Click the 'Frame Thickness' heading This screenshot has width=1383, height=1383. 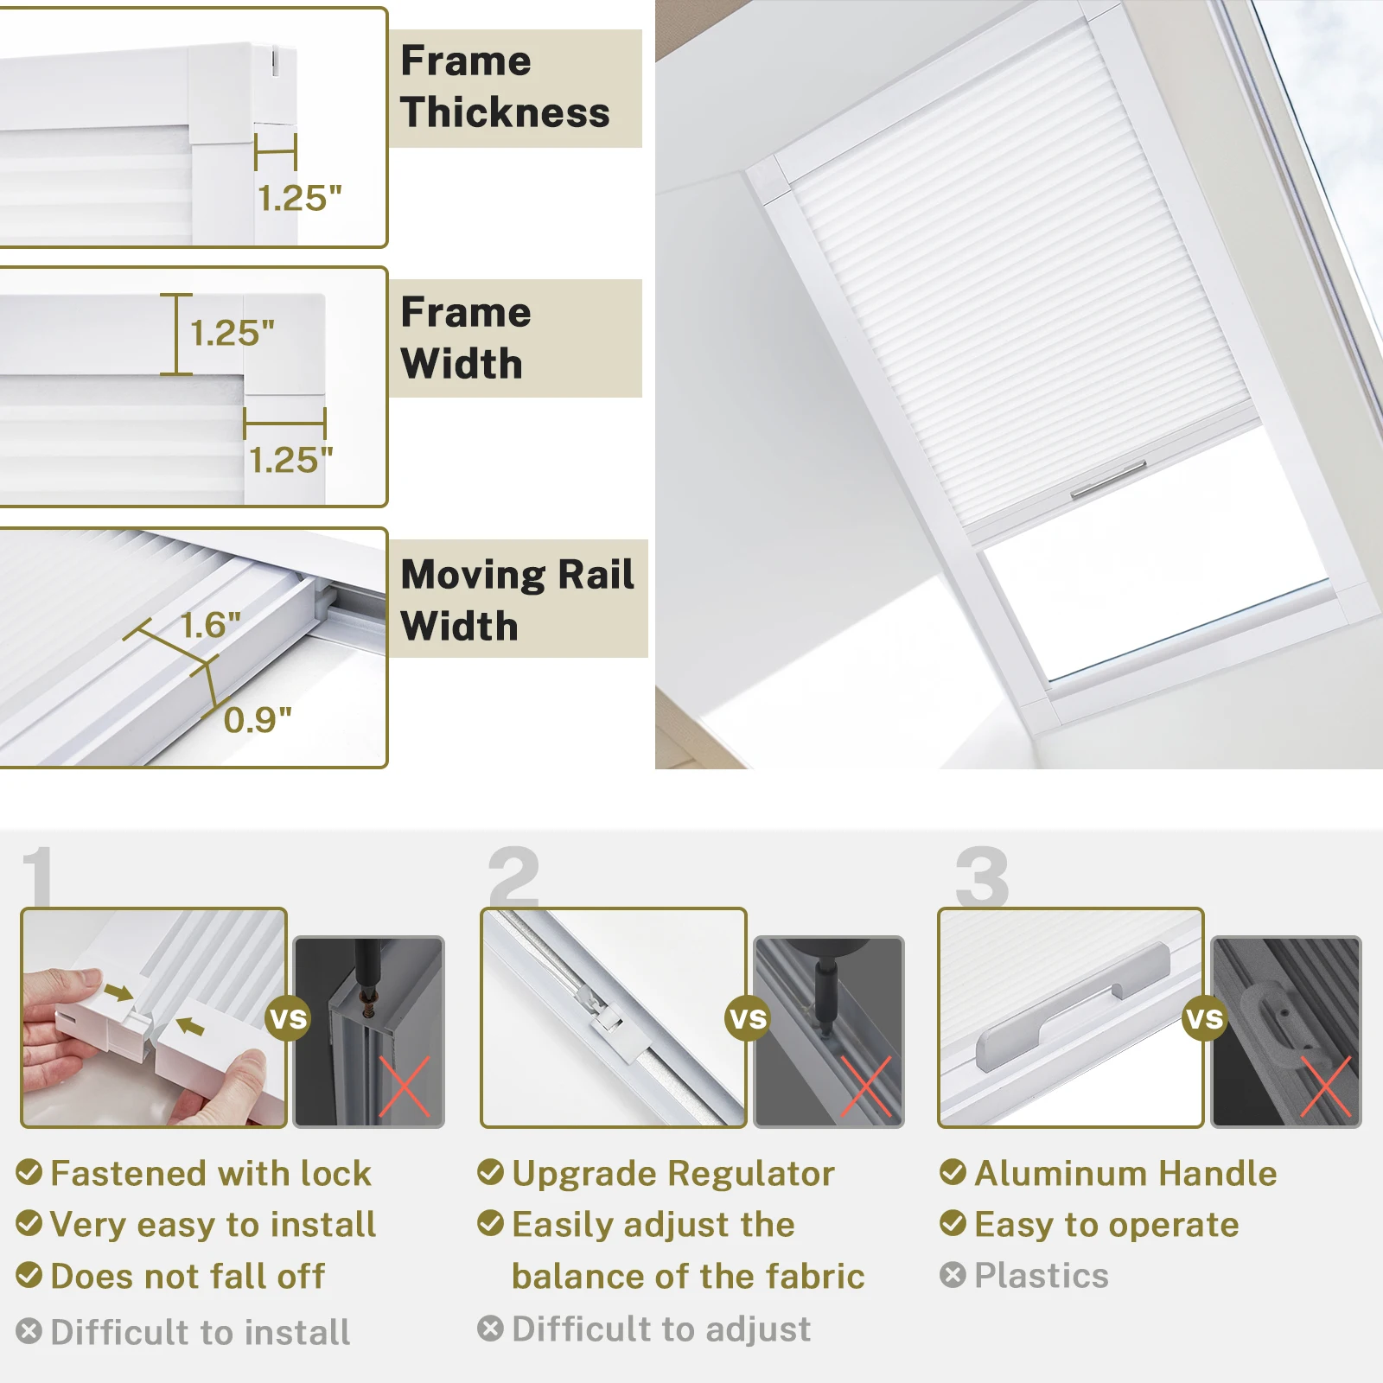click(x=505, y=86)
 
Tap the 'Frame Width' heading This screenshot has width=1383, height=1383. click(x=465, y=338)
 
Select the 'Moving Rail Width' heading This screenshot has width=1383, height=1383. click(x=517, y=600)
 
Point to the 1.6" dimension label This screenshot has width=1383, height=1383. click(x=210, y=625)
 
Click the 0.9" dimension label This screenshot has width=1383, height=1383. click(x=258, y=719)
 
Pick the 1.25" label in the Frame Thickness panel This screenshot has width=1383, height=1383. click(x=300, y=198)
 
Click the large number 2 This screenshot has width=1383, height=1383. click(x=513, y=876)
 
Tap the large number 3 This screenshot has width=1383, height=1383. click(x=982, y=876)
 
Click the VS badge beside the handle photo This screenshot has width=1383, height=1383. click(x=1205, y=1019)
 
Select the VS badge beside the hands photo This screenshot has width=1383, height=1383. click(x=288, y=1018)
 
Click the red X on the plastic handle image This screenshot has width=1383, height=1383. click(x=1326, y=1086)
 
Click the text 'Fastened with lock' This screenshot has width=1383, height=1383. click(x=211, y=1174)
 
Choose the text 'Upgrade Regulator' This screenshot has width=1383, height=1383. click(x=673, y=1174)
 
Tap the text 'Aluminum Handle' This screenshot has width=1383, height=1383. click(x=1125, y=1174)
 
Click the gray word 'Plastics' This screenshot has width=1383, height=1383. click(x=1042, y=1276)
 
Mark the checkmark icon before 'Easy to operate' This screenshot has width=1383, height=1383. click(x=953, y=1224)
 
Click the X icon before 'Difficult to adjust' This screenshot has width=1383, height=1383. click(x=490, y=1329)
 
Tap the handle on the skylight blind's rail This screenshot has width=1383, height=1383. click(x=1109, y=481)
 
